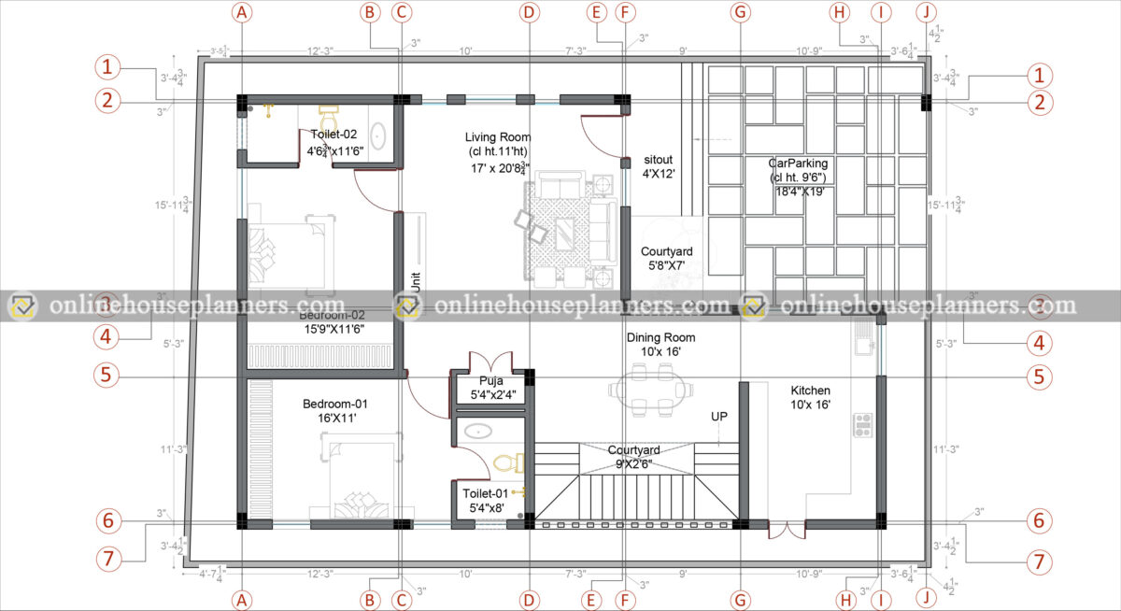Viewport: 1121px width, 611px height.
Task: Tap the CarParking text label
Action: pyautogui.click(x=799, y=163)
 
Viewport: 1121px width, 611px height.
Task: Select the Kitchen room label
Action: pyautogui.click(x=810, y=391)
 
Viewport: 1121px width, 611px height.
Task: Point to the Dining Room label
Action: pyautogui.click(x=660, y=337)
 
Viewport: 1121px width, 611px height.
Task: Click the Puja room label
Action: pyautogui.click(x=491, y=381)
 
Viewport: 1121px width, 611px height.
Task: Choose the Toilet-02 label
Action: pyautogui.click(x=335, y=135)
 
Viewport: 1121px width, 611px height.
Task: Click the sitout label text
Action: pyautogui.click(x=659, y=160)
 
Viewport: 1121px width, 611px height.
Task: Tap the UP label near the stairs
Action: pyautogui.click(x=719, y=415)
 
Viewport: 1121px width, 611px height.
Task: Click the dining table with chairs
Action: pyautogui.click(x=654, y=390)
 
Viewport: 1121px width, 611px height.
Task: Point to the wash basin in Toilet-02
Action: pyautogui.click(x=377, y=135)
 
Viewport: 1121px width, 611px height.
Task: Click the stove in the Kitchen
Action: pyautogui.click(x=862, y=426)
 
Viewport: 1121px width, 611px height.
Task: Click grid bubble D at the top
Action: pyautogui.click(x=530, y=12)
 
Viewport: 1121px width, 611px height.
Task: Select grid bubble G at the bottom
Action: pyautogui.click(x=741, y=598)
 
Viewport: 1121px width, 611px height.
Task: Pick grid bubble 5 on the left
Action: pyautogui.click(x=107, y=376)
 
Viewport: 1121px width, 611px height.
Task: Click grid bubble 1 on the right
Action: pyautogui.click(x=1039, y=75)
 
